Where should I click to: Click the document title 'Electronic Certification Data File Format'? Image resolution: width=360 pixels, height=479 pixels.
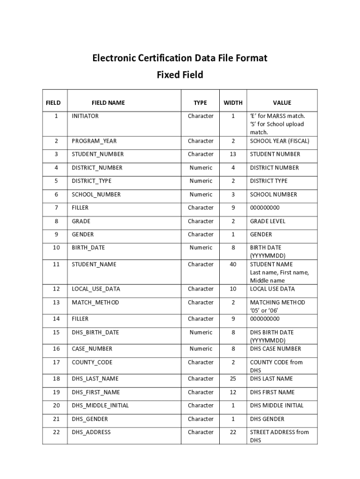[180, 58]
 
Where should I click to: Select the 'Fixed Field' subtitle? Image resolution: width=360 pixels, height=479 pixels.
[180, 75]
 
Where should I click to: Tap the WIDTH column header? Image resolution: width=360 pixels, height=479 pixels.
[233, 103]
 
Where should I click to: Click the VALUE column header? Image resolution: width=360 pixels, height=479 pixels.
[282, 103]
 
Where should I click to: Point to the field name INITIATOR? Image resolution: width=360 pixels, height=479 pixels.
[85, 116]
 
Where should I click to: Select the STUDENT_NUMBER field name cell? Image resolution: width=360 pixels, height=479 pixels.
[98, 154]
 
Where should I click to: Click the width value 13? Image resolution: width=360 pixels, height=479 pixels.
[233, 154]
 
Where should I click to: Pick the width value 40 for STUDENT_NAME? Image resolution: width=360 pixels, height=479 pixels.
[233, 264]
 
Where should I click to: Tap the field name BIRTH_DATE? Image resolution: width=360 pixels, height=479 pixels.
[88, 248]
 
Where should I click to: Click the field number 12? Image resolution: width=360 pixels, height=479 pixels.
[57, 289]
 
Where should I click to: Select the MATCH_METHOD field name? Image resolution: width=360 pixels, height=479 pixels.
[95, 303]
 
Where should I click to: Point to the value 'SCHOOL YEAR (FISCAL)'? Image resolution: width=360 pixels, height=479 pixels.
[280, 141]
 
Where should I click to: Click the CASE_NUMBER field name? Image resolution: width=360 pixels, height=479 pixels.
[92, 349]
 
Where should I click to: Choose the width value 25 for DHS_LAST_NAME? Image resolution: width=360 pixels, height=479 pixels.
[233, 379]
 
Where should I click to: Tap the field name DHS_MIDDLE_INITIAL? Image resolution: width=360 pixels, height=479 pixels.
[100, 406]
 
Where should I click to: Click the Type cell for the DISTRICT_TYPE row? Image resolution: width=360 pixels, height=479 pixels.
[201, 181]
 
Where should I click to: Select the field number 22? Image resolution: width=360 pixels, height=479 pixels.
[57, 432]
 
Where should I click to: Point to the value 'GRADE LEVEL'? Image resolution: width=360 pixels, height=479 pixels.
[267, 221]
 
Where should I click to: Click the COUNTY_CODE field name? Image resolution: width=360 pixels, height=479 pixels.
[92, 363]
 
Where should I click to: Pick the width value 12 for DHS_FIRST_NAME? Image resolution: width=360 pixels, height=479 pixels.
[233, 392]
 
